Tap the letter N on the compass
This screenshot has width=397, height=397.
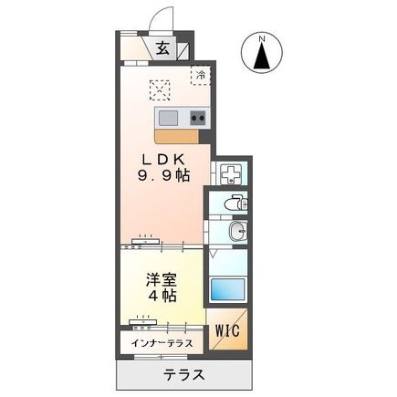click(262, 39)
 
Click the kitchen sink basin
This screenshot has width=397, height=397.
click(169, 117)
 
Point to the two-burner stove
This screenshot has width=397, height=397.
click(198, 117)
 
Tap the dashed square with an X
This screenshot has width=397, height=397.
click(161, 89)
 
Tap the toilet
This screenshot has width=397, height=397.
click(234, 204)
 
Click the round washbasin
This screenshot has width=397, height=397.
click(235, 232)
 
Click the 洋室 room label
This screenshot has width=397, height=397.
click(160, 279)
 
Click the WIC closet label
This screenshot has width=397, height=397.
click(228, 331)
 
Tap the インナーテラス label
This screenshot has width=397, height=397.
click(162, 344)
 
